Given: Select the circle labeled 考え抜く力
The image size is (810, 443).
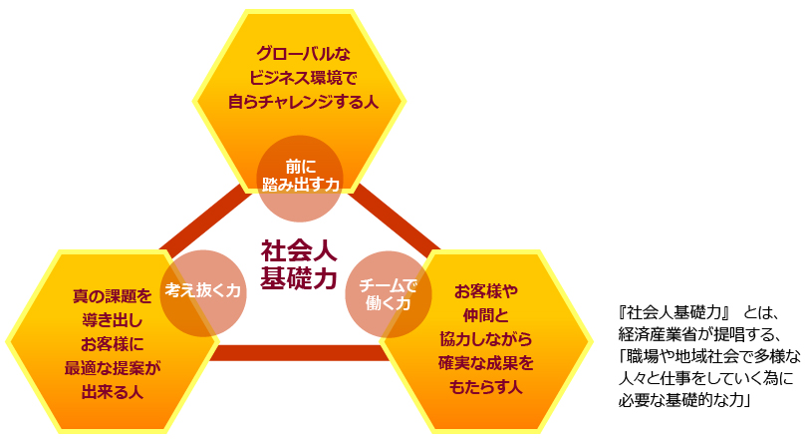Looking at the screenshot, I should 203,291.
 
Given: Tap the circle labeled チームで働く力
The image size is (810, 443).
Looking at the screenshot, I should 388,293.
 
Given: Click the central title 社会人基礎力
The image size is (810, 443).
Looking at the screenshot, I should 299,264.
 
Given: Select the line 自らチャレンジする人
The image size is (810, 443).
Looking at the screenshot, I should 299,101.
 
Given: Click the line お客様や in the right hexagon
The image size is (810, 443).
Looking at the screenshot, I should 487,291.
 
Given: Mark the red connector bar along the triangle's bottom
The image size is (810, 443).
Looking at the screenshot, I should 299,352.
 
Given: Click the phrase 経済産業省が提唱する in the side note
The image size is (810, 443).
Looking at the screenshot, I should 697,332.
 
